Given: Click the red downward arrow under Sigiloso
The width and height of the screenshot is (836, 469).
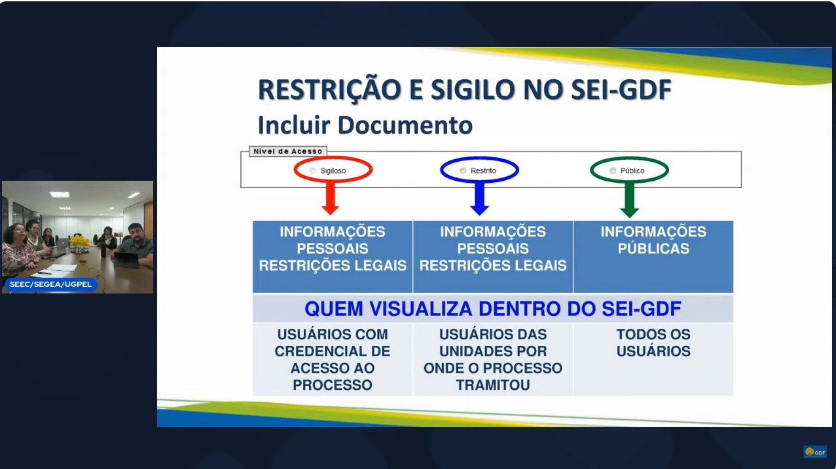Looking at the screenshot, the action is coord(331,198).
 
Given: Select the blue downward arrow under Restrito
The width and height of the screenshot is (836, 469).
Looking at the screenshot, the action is coord(480,198).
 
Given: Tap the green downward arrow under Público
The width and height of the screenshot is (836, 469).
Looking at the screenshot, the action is coord(630,200).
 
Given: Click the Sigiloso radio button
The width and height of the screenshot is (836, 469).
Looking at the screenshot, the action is coord(313,171).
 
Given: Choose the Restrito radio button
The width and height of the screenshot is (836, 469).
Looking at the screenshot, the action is coord(463,171).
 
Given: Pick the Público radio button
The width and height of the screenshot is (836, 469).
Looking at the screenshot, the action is coord(613,171).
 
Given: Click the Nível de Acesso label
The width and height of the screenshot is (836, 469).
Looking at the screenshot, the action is coord(288,151).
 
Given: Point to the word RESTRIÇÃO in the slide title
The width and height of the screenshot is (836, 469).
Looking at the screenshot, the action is coord(329,90).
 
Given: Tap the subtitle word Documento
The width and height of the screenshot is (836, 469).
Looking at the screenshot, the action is coord(405,124).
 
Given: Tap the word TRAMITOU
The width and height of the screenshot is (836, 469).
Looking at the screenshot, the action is coord(493,385).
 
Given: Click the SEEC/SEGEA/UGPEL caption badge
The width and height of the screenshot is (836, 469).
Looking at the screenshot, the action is coord(51,284).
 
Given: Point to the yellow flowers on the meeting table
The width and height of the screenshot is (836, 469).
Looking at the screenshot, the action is coord(80,241).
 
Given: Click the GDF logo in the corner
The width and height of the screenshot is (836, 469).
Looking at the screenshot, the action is coord(815,452).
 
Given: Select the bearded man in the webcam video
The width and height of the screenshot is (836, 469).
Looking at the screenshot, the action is coord(136,246).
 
